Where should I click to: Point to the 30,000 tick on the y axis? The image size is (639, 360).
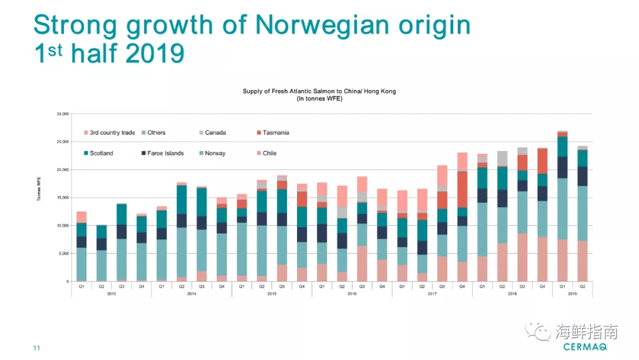point(62,114)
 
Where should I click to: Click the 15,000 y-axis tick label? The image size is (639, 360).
point(62,198)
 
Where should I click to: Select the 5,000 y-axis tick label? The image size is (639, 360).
point(63,253)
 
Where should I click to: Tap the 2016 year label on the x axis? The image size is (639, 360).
point(352,294)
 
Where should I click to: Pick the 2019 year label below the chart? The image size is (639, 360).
point(572,294)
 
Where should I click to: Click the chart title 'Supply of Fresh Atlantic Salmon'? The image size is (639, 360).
point(319,91)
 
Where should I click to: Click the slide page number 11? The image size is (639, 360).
point(37,348)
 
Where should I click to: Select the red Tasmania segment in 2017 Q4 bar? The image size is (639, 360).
point(462,189)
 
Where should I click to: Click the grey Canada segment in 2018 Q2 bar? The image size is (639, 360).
point(502,159)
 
